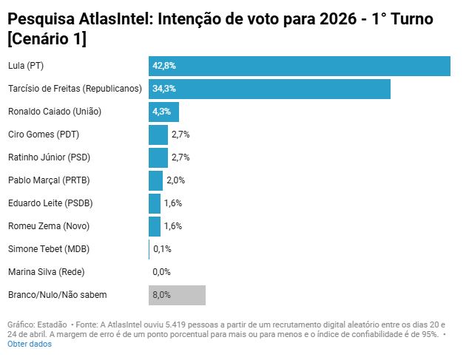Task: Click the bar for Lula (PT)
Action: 300,66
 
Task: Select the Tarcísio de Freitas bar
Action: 269,89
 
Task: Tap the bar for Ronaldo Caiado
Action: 163,112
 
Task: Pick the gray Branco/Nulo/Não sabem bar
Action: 177,295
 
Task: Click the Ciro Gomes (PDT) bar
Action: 158,135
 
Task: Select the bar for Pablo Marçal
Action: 155,180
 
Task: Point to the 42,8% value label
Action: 164,66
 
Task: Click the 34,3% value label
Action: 164,89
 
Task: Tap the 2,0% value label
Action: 175,180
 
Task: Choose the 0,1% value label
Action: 162,249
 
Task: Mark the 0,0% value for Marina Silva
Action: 161,272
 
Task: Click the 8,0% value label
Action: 161,295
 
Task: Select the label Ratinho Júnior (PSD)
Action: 53,157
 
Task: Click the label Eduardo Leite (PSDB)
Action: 50,203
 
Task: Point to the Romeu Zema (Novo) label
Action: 49,226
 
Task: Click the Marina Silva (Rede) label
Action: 48,272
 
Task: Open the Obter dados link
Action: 30,344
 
